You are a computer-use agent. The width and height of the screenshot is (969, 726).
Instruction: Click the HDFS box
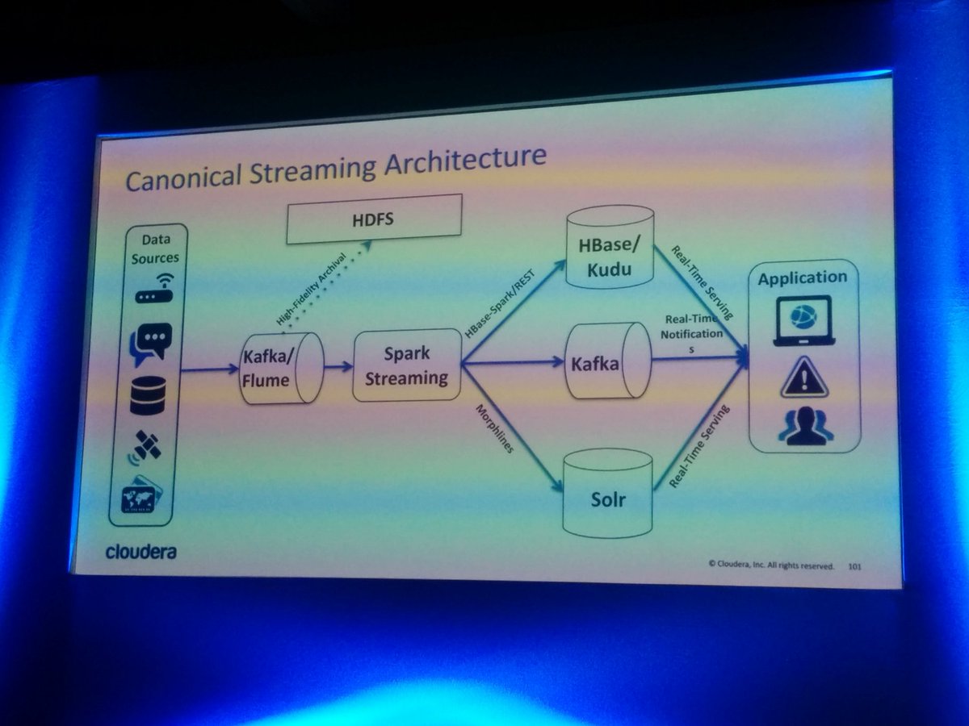click(x=374, y=219)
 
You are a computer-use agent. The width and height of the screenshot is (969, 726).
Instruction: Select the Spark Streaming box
click(x=406, y=365)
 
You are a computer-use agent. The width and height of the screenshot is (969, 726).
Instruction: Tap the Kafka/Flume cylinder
click(x=283, y=367)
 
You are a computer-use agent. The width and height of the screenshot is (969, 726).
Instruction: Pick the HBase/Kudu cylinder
click(x=610, y=245)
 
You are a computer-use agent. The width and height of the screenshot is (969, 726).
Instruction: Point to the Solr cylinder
click(x=607, y=493)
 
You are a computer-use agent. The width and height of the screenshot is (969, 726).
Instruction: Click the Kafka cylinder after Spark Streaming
click(x=607, y=363)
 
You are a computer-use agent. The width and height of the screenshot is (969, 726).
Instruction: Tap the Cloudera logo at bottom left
click(x=141, y=553)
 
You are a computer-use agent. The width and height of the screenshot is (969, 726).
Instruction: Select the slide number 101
click(x=855, y=566)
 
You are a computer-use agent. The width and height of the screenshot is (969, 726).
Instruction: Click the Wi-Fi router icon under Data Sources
click(x=150, y=290)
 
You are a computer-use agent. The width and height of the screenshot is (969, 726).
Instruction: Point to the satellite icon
click(x=147, y=447)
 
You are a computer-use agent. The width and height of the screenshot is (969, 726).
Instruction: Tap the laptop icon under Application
click(x=803, y=319)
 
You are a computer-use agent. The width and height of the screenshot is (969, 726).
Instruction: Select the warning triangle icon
click(x=804, y=378)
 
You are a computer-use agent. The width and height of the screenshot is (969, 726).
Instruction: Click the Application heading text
click(x=802, y=277)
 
